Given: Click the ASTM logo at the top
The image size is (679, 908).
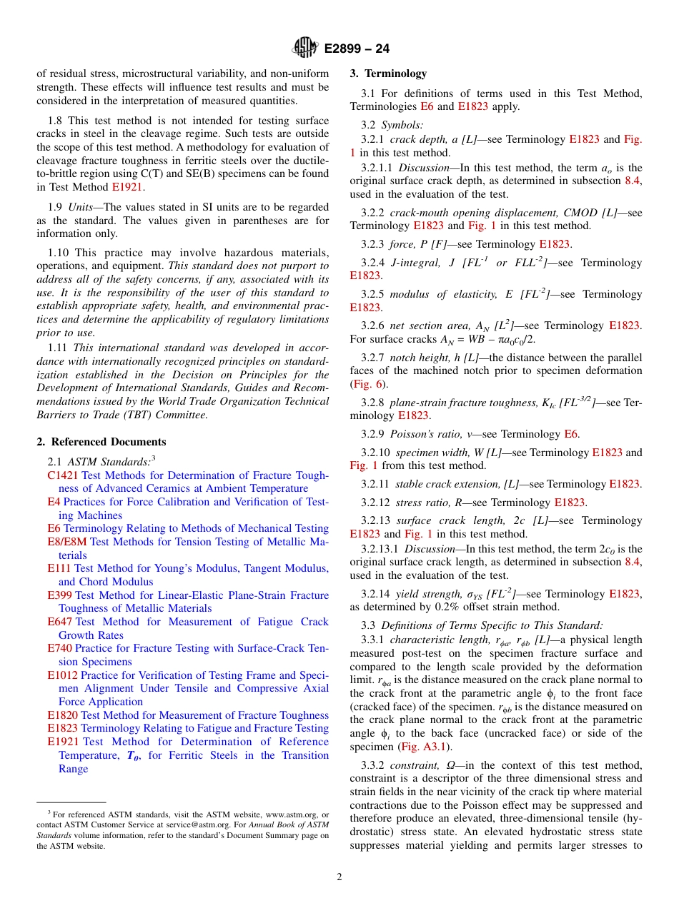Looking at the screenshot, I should click(305, 48).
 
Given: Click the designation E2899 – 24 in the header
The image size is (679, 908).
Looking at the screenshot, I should click(357, 49).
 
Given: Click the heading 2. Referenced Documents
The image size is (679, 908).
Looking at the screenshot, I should click(101, 442).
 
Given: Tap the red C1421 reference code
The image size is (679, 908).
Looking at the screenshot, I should click(63, 475).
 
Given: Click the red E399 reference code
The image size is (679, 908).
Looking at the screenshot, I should click(59, 595).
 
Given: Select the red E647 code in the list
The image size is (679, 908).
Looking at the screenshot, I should click(59, 622).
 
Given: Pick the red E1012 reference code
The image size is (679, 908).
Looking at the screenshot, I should click(62, 675).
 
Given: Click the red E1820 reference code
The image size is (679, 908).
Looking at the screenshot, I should click(62, 715).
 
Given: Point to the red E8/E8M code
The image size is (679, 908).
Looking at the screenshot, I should click(67, 542).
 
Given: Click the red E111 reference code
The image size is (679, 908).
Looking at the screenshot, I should click(59, 569).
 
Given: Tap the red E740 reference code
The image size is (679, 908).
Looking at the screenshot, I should click(59, 649).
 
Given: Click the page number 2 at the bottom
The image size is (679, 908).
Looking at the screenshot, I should click(339, 877).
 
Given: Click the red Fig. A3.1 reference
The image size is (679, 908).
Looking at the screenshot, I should click(425, 747).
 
